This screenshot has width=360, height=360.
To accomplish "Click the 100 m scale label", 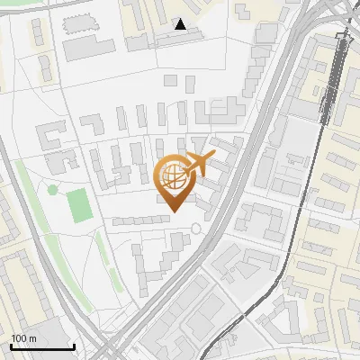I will (x=24, y=337).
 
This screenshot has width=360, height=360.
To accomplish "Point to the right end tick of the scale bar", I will (x=74, y=345).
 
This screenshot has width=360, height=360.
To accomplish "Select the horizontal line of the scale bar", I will (x=41, y=347).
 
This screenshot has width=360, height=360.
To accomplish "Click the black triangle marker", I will (x=181, y=24).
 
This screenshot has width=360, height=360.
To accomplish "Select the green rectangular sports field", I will (x=79, y=206).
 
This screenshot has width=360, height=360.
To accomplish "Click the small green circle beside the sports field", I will (x=53, y=190).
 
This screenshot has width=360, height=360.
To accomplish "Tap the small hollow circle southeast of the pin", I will (x=196, y=229).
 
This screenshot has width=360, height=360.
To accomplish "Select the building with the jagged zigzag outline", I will (x=84, y=22).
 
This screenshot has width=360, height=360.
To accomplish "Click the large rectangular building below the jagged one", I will (x=88, y=47).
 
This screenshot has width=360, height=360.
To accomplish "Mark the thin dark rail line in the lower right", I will (x=270, y=288).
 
